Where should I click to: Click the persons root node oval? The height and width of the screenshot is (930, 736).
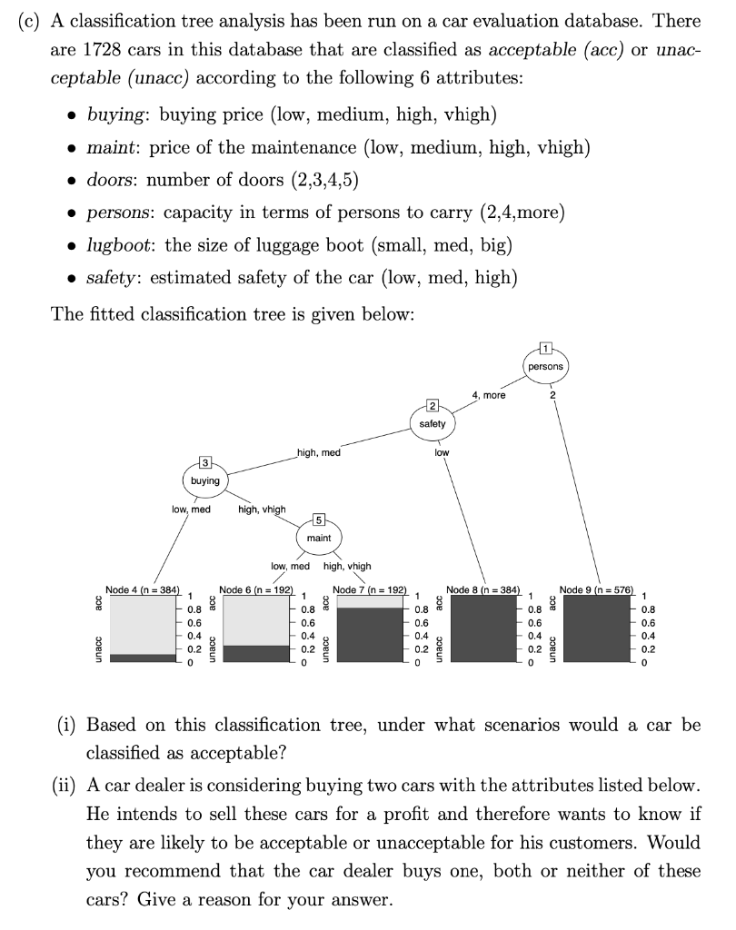point(545,366)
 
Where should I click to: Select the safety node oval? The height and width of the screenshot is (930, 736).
point(433,423)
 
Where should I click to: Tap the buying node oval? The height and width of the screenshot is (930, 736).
point(205,480)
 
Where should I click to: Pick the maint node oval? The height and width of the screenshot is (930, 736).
point(319,538)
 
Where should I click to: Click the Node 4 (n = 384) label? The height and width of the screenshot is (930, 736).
point(144,590)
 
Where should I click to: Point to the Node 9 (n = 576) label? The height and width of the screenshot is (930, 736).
point(598,590)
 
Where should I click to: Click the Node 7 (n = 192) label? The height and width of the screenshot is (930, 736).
point(371,590)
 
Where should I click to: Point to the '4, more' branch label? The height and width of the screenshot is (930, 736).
point(489,395)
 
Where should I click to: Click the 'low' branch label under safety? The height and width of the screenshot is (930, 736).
point(442,452)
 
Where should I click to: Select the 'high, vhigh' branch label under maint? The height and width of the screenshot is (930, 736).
point(347,566)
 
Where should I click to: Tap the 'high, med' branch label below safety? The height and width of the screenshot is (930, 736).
point(318,452)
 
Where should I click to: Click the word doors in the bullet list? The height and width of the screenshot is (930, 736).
point(106,180)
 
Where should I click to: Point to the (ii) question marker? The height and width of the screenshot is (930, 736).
point(62,784)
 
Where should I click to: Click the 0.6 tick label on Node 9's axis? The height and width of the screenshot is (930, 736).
point(648,624)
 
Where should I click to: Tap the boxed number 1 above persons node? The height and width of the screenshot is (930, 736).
point(545,347)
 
